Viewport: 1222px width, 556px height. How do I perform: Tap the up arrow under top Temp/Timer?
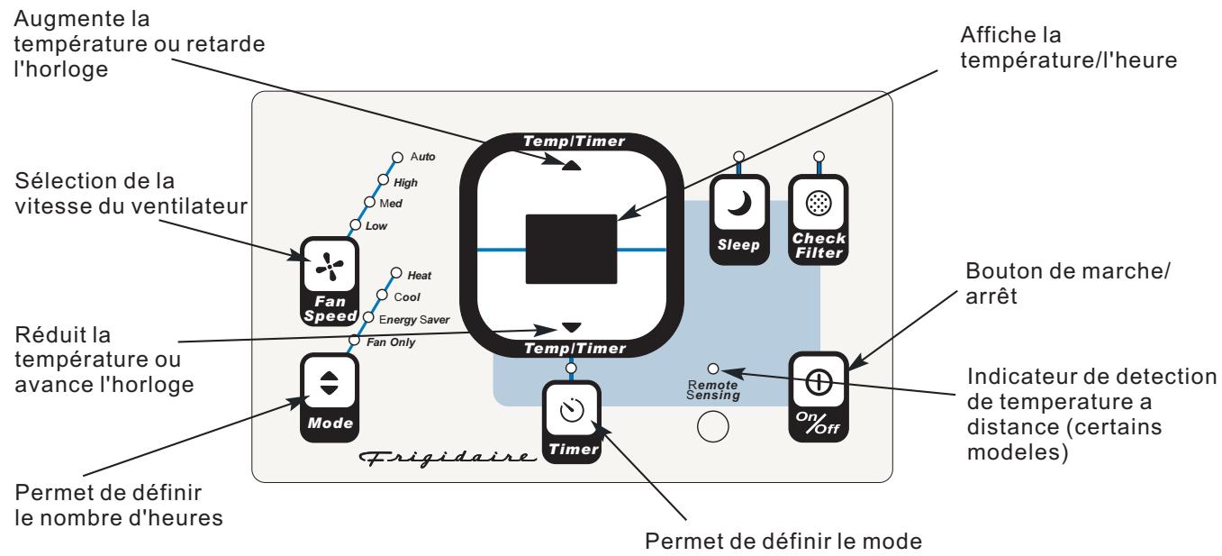[x=572, y=165]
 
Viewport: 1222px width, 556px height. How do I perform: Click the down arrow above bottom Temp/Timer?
[x=572, y=326]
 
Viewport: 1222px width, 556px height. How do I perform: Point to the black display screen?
[x=571, y=247]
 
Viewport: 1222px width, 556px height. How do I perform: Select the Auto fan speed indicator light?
[x=396, y=158]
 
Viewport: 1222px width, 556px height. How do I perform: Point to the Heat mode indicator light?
[x=395, y=272]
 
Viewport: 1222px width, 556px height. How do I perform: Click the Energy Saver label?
[x=409, y=319]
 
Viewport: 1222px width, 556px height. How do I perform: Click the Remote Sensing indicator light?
[x=713, y=369]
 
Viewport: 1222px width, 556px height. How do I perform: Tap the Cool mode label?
[x=408, y=296]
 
